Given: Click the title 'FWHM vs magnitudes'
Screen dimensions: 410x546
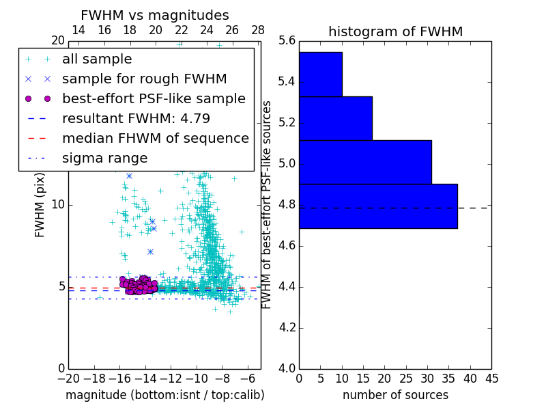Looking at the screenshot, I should pyautogui.click(x=155, y=16).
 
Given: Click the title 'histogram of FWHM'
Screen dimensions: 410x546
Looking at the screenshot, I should pyautogui.click(x=395, y=31).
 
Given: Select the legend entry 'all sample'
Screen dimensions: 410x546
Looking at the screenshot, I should pyautogui.click(x=97, y=59).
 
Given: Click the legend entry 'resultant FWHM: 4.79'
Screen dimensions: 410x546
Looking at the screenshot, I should pyautogui.click(x=136, y=119).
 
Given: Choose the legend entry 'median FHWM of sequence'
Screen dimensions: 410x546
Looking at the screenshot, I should pyautogui.click(x=156, y=139).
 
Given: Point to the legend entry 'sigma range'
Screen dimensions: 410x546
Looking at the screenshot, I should pyautogui.click(x=104, y=159).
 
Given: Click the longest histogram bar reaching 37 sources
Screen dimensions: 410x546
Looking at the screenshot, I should pyautogui.click(x=378, y=206).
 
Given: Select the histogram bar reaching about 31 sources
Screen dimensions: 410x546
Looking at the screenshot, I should pyautogui.click(x=365, y=162).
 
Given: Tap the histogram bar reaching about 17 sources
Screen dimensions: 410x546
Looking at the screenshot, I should pyautogui.click(x=335, y=118).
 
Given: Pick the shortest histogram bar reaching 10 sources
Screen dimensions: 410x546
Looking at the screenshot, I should pyautogui.click(x=320, y=74).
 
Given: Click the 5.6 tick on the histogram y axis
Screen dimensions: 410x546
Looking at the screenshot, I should pyautogui.click(x=287, y=42).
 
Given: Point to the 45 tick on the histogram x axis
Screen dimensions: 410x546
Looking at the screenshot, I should pyautogui.click(x=491, y=378).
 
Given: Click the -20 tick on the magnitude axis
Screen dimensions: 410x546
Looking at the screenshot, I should pyautogui.click(x=68, y=378).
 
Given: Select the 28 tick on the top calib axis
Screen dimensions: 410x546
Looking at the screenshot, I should pyautogui.click(x=258, y=30).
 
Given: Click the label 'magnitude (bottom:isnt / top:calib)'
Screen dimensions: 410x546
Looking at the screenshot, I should pyautogui.click(x=165, y=395).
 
